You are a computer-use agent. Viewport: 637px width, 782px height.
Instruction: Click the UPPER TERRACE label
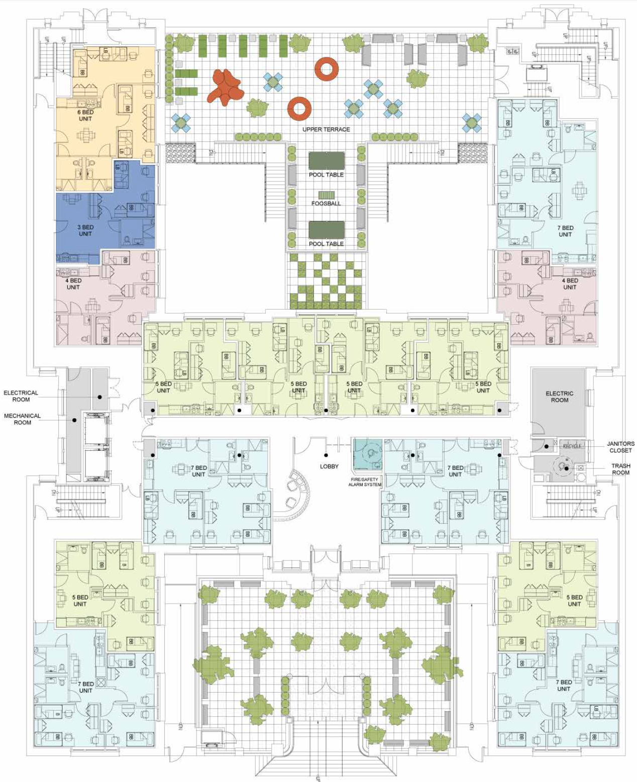[326, 129]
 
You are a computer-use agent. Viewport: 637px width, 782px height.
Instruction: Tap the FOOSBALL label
[326, 204]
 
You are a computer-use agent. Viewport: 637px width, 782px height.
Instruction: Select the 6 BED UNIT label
[85, 116]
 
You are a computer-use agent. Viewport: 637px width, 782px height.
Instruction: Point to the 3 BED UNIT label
[85, 230]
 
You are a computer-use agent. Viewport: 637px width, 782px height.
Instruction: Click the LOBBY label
[329, 466]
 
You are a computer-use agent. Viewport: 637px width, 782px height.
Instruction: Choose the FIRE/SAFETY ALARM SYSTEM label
[365, 482]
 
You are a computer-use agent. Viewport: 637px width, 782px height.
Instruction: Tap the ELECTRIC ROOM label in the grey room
[559, 397]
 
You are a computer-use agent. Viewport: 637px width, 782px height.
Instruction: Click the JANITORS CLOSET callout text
[620, 447]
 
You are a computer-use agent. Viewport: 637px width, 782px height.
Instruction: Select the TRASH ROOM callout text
[620, 469]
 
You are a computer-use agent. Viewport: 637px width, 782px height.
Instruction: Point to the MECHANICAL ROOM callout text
[23, 419]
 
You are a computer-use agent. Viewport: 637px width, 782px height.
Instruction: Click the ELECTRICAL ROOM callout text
[21, 396]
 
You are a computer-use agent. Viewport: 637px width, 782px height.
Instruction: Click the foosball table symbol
[326, 195]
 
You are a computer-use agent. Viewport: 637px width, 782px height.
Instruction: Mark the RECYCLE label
[572, 446]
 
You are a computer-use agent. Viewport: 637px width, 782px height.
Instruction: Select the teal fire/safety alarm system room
[367, 454]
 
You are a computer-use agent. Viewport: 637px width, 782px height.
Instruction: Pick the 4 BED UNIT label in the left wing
[73, 284]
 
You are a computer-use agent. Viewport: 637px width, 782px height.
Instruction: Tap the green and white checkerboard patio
[326, 281]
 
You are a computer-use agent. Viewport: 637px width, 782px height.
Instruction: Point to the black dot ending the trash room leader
[566, 469]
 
